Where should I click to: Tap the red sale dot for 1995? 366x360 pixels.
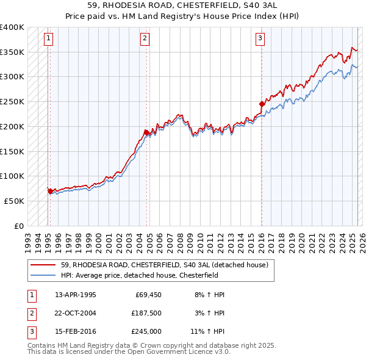point(50,191)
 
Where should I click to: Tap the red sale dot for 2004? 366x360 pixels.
point(147,132)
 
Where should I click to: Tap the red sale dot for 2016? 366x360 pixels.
point(262,104)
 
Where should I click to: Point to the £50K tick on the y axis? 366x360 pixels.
point(15,201)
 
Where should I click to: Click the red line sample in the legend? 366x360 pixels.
point(44,265)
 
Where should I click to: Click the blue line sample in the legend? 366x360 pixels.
point(44,275)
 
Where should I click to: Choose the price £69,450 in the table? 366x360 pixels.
point(146,295)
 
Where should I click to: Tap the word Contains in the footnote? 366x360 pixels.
point(42,345)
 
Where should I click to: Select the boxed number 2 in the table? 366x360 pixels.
point(30,313)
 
